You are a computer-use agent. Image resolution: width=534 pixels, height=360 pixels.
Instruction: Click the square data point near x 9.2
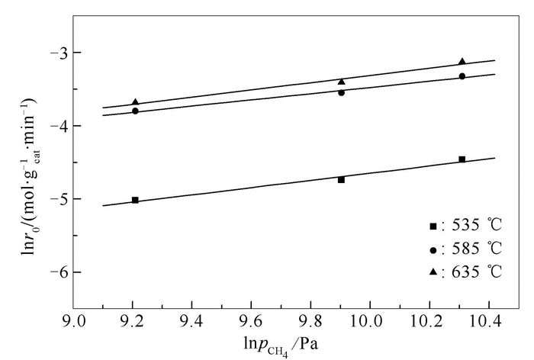click(x=135, y=200)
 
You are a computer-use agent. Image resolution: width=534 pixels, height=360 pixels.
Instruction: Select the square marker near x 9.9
click(x=341, y=180)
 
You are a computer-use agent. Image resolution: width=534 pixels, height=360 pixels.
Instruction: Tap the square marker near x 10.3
click(x=462, y=159)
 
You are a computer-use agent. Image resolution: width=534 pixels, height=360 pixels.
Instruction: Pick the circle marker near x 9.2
click(x=135, y=111)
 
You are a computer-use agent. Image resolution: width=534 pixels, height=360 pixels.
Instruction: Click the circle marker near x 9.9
click(x=341, y=93)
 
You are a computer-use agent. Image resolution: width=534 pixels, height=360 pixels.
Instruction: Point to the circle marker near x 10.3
click(x=462, y=76)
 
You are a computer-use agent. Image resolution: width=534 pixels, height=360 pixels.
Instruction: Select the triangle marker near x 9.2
click(x=135, y=102)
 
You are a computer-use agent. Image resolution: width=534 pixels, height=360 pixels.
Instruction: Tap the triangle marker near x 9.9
click(x=341, y=81)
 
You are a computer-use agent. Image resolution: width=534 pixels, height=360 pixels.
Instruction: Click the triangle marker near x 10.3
click(x=462, y=62)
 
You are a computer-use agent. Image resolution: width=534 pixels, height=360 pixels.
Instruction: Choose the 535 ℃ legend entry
click(x=465, y=226)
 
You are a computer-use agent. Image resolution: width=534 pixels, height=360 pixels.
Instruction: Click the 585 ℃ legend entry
click(x=465, y=249)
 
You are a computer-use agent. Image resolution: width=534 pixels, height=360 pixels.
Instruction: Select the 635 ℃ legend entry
click(x=465, y=272)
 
